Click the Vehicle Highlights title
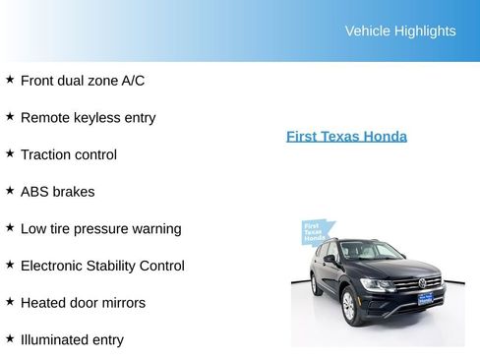click(399, 30)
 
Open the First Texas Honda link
click(346, 137)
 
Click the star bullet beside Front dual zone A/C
click(10, 79)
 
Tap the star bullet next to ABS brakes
click(10, 190)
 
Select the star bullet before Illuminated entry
click(10, 338)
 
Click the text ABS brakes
click(57, 192)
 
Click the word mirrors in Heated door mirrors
click(122, 303)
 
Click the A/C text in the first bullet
click(133, 81)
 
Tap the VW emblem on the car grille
click(423, 283)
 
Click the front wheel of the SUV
click(347, 307)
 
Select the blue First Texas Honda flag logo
click(314, 233)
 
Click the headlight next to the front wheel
click(375, 284)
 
